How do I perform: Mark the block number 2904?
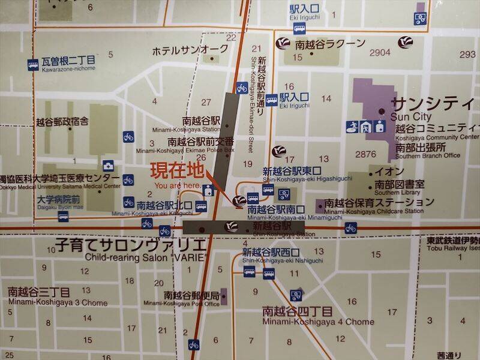tap(380, 53)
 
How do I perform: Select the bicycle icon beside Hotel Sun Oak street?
tap(242, 88)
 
